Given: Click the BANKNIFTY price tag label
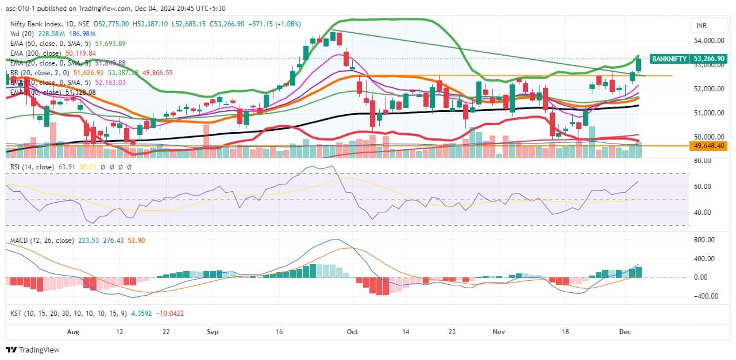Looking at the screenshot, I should [669, 59].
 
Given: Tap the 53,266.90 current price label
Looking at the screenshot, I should [710, 59].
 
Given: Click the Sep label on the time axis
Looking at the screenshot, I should [213, 332].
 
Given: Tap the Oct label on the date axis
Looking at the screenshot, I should [353, 332].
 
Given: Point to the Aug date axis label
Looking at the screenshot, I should [72, 332].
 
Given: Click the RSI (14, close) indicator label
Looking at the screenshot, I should [32, 167].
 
